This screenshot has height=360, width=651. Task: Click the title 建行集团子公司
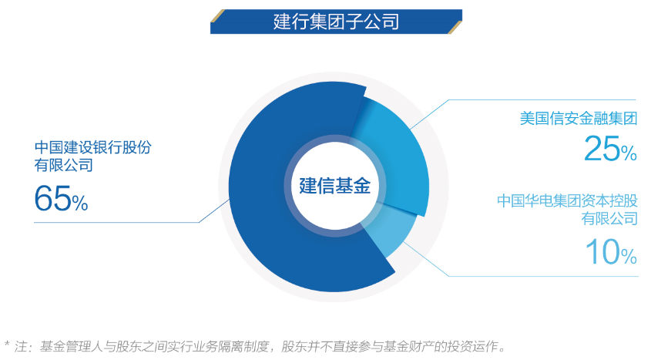tap(336, 22)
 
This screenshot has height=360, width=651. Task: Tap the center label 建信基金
tap(334, 186)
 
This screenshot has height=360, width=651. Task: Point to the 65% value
tap(61, 198)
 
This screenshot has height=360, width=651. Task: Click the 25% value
tap(610, 149)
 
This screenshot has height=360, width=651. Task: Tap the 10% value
tap(611, 251)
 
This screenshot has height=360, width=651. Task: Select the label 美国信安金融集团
tap(579, 119)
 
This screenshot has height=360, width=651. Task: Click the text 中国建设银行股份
tap(93, 147)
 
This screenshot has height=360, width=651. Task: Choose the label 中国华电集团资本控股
tap(567, 201)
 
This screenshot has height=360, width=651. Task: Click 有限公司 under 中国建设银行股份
tap(63, 165)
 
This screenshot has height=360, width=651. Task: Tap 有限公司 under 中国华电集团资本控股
tap(609, 218)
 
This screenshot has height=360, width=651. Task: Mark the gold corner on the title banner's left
tap(217, 15)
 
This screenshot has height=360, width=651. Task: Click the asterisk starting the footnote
tap(6, 344)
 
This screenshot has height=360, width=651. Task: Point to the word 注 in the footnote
tap(20, 346)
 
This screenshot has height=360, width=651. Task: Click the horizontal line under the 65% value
tap(116, 223)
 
